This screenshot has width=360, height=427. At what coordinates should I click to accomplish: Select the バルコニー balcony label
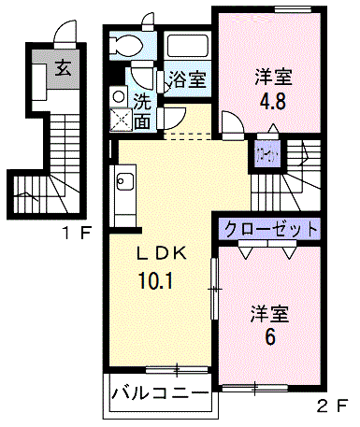(x=160, y=392)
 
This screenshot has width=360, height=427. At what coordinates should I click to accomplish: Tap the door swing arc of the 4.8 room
(x=234, y=121)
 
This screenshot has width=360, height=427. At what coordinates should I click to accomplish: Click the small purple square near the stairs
(x=267, y=151)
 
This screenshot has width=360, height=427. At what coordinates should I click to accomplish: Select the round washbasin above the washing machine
(x=119, y=94)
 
